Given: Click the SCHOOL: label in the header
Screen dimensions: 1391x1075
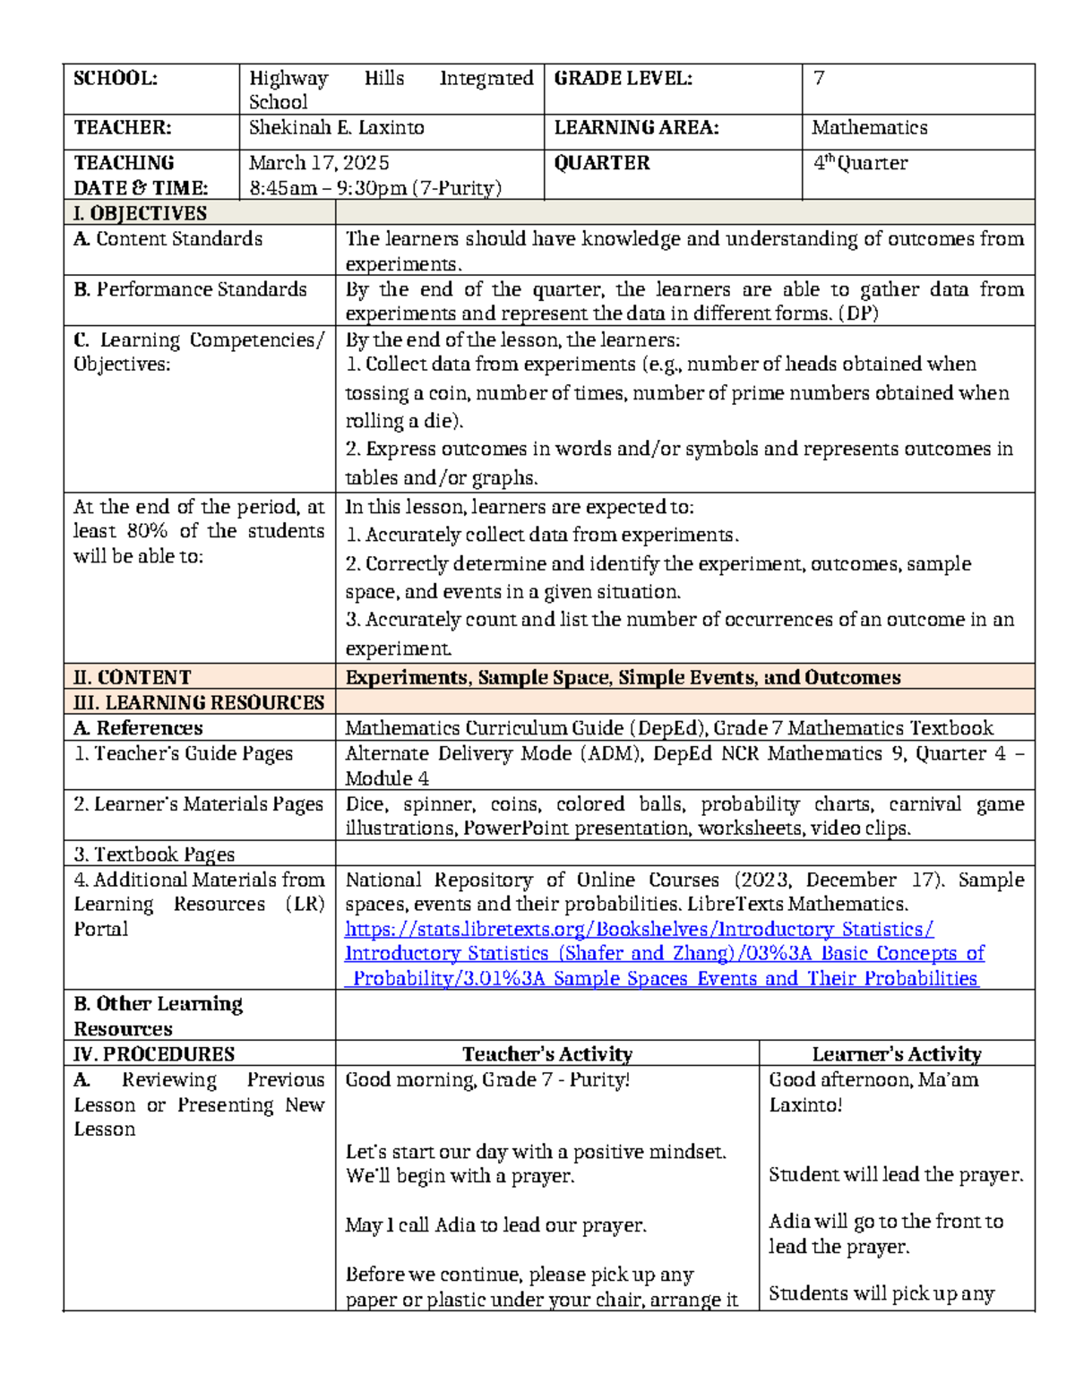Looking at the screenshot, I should tap(115, 79).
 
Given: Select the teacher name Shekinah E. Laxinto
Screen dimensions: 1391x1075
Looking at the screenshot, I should tap(336, 128).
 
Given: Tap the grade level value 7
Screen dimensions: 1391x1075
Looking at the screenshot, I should tap(818, 79).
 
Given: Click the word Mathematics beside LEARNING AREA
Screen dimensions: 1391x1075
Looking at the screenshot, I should tap(869, 128).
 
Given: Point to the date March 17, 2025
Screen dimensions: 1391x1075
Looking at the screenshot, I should tap(319, 163).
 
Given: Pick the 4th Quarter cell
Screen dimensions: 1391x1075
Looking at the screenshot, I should tap(859, 163).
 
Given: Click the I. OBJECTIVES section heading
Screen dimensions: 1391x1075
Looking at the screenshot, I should tap(140, 213).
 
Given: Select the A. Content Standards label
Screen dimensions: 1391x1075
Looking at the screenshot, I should tap(168, 239).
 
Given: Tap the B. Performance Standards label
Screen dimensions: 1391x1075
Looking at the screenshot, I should tap(190, 289).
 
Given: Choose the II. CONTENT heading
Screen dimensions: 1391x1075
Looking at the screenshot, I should tap(132, 677).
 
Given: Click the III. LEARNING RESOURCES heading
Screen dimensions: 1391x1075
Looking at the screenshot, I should tap(198, 703).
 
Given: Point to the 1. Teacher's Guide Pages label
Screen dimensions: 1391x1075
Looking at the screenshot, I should tap(183, 754).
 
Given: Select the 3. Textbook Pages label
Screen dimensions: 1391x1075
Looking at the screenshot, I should tap(153, 854).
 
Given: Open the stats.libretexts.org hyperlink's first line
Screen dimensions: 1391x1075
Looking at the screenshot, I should tap(639, 930).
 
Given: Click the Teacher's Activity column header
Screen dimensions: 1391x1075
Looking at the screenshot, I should tap(546, 1054).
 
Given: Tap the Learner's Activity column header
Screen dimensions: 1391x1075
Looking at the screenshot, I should tap(896, 1054).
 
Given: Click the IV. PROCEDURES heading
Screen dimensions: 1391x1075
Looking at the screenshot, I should tap(153, 1054).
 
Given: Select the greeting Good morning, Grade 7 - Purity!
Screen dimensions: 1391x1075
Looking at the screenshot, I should tap(487, 1080).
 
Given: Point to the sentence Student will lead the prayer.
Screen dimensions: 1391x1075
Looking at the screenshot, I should tap(895, 1175).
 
